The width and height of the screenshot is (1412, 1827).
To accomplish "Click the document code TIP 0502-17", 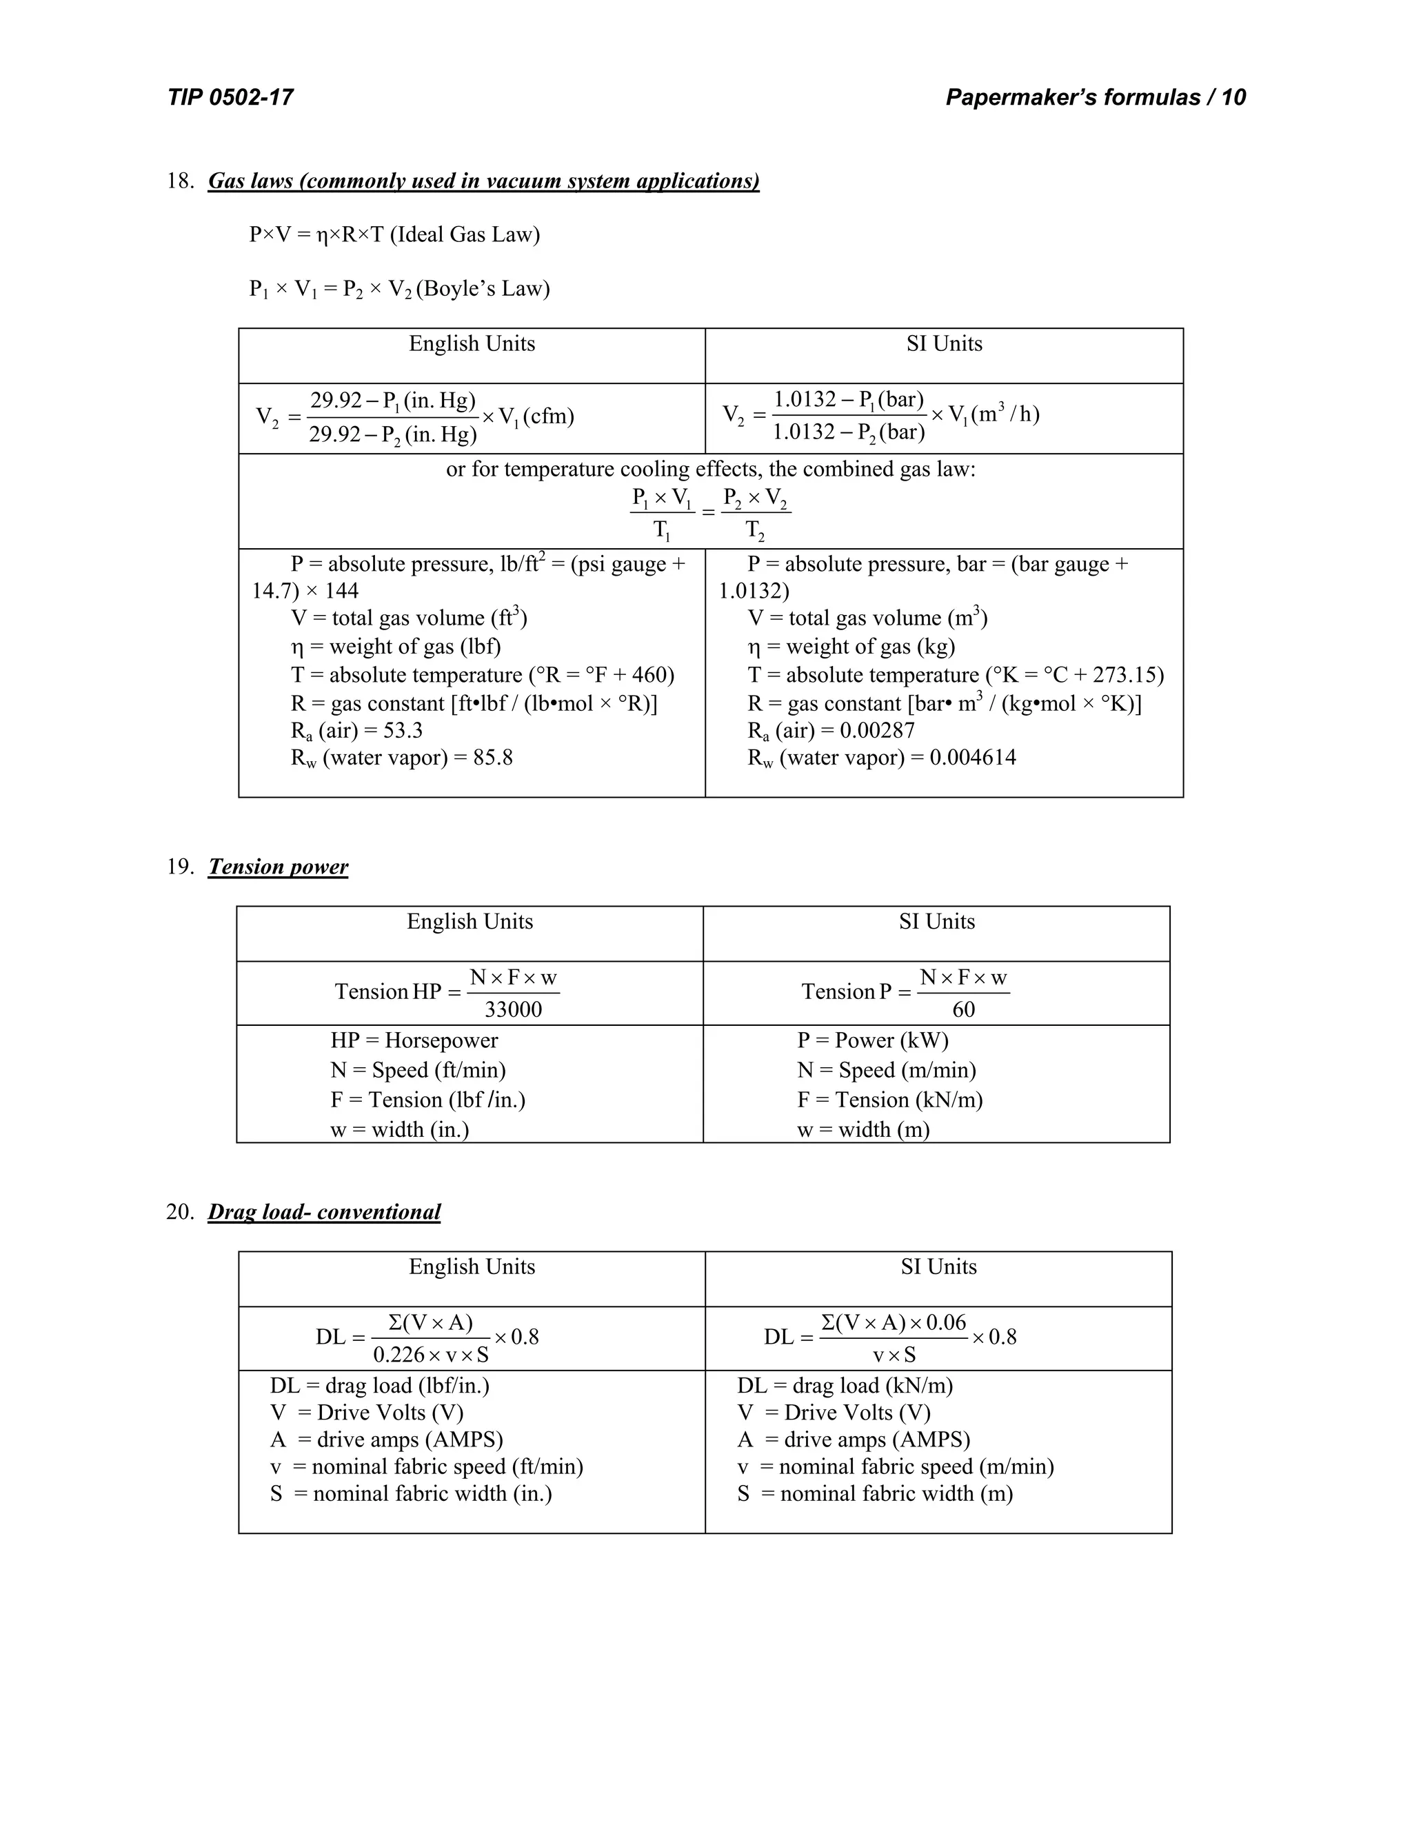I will point(230,98).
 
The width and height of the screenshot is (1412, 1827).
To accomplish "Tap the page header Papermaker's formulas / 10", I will point(1095,98).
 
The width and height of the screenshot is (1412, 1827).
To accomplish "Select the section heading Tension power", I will point(278,867).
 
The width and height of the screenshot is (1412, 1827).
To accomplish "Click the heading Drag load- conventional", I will point(324,1212).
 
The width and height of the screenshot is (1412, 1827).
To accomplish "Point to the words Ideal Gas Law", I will point(464,234).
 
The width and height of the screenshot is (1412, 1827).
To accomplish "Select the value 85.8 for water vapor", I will point(493,758).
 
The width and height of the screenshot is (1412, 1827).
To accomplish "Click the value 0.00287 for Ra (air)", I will point(877,730).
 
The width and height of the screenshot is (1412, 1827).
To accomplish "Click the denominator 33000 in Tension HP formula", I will point(513,1010).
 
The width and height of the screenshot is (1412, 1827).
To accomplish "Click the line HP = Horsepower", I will point(414,1040).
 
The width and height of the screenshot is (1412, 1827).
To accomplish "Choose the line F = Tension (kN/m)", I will point(889,1100).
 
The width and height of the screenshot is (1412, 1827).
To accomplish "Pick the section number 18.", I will point(180,181).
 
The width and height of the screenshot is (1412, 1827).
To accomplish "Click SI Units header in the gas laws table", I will point(944,344).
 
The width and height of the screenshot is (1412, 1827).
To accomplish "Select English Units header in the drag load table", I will point(472,1266).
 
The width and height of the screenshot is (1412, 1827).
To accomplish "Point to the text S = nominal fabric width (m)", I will point(874,1493).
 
